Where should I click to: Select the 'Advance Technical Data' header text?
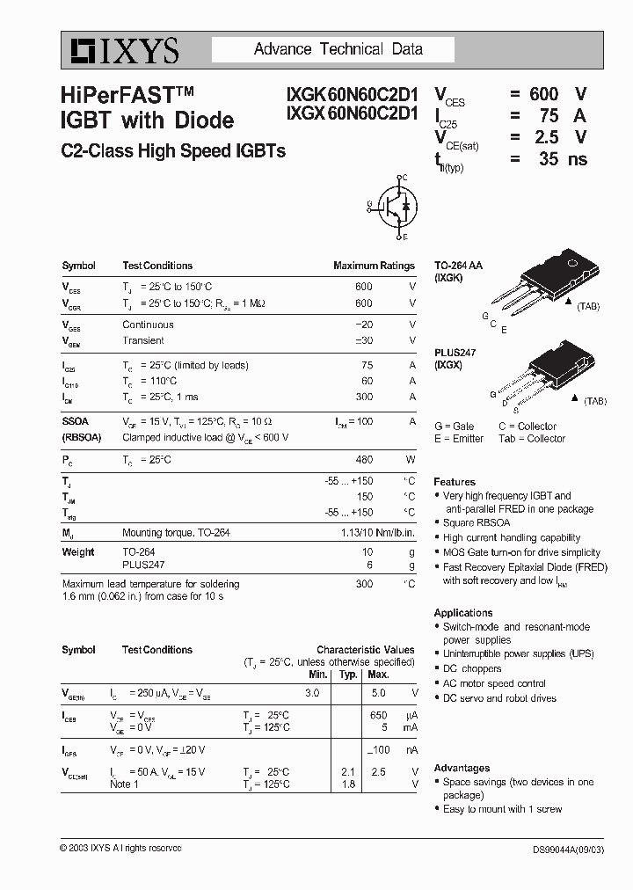tap(338, 49)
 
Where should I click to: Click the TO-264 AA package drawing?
tap(537, 281)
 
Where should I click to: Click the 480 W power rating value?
tap(363, 459)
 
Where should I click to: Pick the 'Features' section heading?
tap(455, 482)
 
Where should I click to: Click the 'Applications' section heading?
tap(463, 613)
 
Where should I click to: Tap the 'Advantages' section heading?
tap(462, 768)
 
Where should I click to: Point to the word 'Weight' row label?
tap(78, 552)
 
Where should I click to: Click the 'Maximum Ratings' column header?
tap(374, 266)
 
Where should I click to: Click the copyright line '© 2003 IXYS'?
tap(120, 848)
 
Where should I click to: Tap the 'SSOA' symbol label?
tap(76, 421)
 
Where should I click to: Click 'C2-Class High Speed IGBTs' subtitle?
tap(173, 150)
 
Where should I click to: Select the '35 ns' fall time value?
tap(563, 159)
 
